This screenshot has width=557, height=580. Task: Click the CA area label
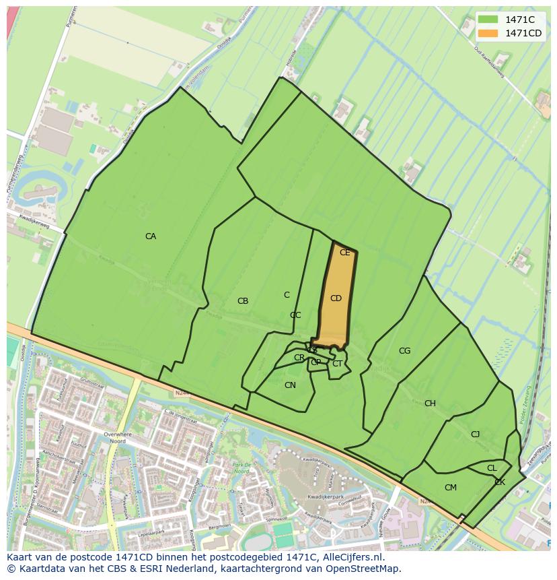coord(151,236)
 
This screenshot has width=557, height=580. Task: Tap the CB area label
coord(243,301)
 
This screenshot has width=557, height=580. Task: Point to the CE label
coord(345,253)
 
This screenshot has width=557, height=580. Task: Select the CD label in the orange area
coord(336,298)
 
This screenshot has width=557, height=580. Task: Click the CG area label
coord(404,351)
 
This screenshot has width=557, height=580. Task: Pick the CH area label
coord(430,404)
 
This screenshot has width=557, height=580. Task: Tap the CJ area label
coord(475,434)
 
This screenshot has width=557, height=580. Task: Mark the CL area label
coord(492,468)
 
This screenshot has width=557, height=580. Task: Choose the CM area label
coord(451,488)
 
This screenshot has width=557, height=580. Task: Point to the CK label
coord(500,482)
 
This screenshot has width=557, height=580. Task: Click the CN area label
coord(290,385)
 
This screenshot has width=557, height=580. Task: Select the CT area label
coord(337,364)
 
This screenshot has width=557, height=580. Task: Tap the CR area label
coord(299,358)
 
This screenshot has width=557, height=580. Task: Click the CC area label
coord(295,315)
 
